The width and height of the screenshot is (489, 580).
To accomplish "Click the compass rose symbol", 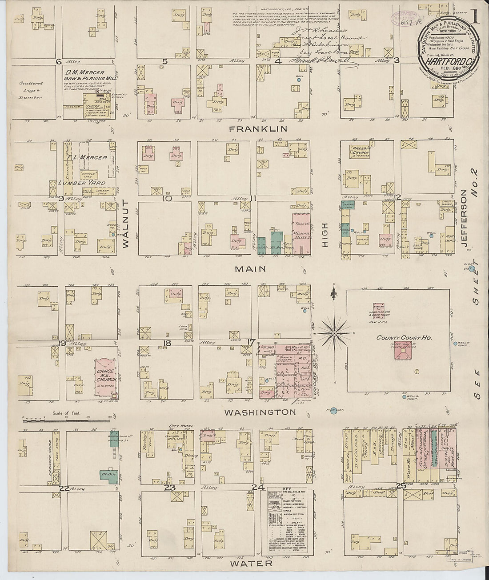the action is click(x=334, y=332).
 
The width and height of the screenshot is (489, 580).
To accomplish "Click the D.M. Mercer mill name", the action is click(x=85, y=72).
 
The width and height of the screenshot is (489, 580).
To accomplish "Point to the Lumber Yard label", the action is click(x=84, y=183).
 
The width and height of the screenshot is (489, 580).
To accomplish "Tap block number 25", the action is click(x=402, y=486).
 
